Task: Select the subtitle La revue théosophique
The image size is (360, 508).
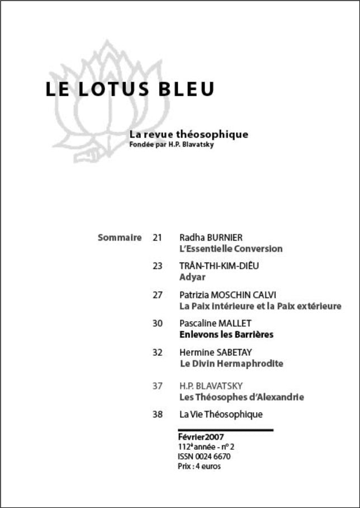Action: (x=188, y=134)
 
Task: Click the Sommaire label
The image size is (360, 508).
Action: (x=120, y=237)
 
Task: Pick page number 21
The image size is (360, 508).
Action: (x=157, y=238)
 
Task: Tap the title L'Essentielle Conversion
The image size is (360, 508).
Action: (x=231, y=248)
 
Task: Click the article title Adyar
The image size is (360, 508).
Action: (x=193, y=277)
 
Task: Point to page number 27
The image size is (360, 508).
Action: (x=157, y=295)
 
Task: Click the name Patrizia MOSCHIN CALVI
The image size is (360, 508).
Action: (x=228, y=295)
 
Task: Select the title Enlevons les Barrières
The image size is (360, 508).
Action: (x=226, y=335)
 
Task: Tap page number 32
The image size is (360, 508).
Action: (x=157, y=352)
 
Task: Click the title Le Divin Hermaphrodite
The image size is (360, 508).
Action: (x=231, y=364)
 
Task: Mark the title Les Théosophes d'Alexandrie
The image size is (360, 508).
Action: (x=241, y=397)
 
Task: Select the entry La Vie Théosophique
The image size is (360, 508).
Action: (x=221, y=415)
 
